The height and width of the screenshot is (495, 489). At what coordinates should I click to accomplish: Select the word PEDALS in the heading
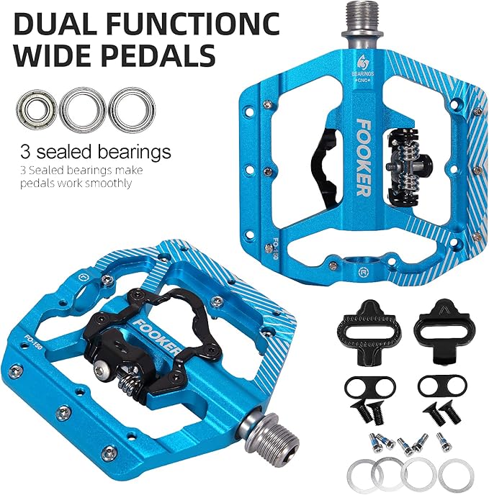(x=163, y=55)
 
